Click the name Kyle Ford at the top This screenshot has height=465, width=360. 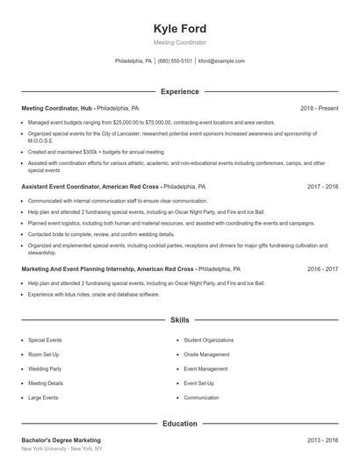point(179,28)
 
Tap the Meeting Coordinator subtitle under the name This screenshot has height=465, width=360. point(179,42)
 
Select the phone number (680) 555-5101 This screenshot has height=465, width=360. point(176,61)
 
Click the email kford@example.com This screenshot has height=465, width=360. point(221,61)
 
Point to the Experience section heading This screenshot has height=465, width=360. point(179,91)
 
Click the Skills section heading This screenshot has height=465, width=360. point(179,321)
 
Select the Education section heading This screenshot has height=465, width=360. point(179,424)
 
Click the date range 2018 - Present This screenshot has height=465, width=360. point(319,108)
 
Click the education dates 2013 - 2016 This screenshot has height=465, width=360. point(322,440)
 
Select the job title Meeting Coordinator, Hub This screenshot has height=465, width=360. point(56,108)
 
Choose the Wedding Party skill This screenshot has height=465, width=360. point(44,368)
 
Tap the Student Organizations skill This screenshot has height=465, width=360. point(208,340)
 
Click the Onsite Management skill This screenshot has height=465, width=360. point(207,354)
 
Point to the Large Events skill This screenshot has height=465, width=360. point(43,397)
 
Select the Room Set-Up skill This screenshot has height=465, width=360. point(43,354)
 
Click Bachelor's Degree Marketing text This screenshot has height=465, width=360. point(61,440)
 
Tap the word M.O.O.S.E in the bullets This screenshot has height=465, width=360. point(40,140)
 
